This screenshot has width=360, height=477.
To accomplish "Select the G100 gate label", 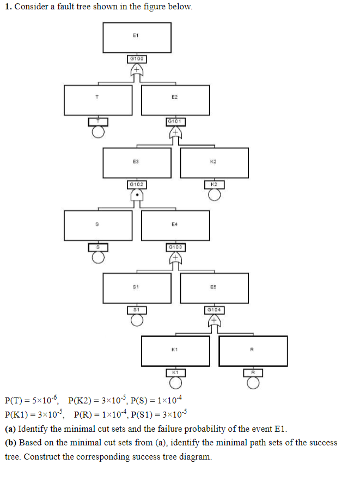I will point(137,58).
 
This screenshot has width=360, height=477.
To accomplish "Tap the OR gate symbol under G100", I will point(137,70).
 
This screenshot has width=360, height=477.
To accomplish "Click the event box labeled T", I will point(97,100).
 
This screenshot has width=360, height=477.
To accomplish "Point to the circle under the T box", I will point(97,131).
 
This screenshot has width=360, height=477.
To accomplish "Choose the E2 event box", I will point(175,100).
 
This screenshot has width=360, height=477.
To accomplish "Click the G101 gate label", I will point(175,121).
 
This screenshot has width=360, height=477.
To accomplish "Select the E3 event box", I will point(137,162).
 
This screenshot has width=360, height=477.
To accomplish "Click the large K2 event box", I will point(214,162).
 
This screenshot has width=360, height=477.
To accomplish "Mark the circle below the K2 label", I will point(214,194).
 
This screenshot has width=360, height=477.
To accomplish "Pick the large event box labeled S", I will point(97,225).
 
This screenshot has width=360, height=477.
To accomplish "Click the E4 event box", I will point(175,225).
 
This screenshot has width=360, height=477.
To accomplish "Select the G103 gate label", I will point(175,247).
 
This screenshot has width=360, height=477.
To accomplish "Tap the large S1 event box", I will point(137,288).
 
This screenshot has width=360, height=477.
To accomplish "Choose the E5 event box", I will point(214,288).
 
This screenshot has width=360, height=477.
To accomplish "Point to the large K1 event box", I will point(175,351).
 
